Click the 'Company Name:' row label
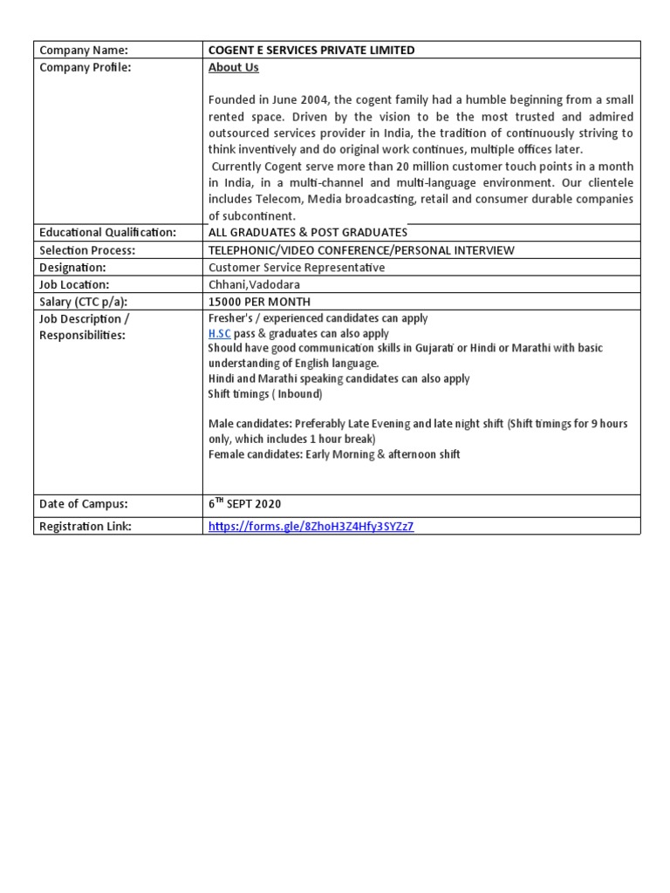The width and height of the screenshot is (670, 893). point(84,51)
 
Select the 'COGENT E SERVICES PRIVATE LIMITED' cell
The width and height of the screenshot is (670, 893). point(311,51)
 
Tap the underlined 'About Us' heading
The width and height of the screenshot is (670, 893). point(233,67)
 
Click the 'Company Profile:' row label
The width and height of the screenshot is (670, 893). point(85,67)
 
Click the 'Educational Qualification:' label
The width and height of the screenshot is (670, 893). point(108,233)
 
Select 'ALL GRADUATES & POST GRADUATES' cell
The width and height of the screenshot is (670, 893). point(308,233)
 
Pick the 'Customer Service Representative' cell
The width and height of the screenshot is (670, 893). point(297,268)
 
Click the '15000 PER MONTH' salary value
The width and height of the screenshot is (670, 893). point(259,302)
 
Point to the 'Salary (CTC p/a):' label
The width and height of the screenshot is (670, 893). point(90,302)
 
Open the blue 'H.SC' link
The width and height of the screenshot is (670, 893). point(220,333)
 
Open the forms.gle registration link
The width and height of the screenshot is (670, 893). point(311,527)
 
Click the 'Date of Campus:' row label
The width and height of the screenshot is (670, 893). point(84,504)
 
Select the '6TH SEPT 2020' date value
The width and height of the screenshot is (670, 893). point(245,504)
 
